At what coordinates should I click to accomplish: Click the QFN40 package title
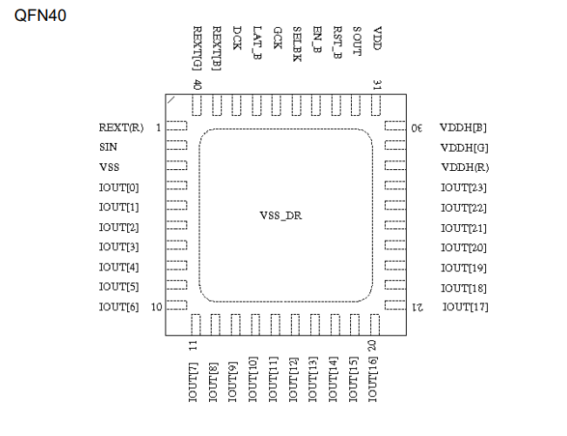tap(40, 16)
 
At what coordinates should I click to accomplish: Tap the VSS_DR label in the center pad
tap(280, 216)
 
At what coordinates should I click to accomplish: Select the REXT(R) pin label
tap(121, 128)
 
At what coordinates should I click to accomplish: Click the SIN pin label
tap(108, 147)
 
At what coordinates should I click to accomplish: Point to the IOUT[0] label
tap(118, 187)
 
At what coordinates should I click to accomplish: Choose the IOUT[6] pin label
tap(118, 307)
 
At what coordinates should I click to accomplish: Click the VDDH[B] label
tap(463, 128)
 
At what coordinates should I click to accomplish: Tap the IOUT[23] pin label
tap(463, 187)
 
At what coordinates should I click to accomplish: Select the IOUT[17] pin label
tap(465, 307)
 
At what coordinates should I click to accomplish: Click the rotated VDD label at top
tap(377, 38)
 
